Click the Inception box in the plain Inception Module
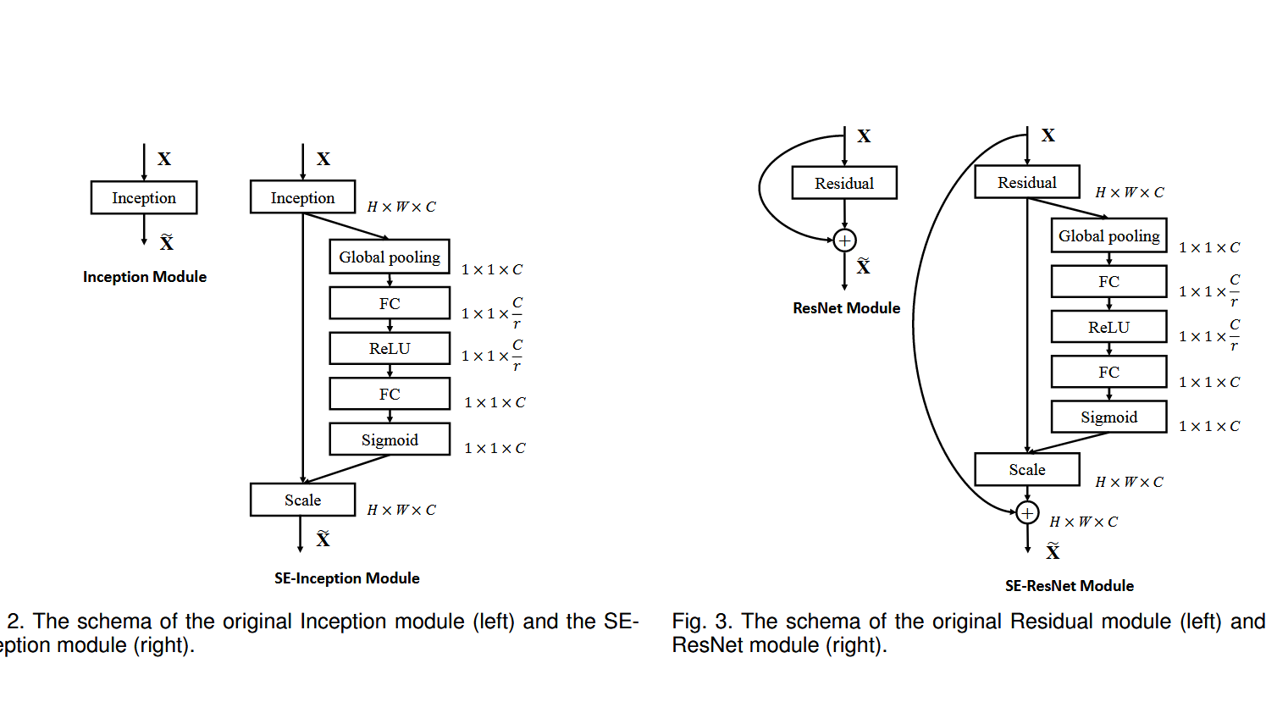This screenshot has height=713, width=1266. click(x=144, y=198)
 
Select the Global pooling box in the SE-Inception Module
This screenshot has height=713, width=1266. click(x=390, y=257)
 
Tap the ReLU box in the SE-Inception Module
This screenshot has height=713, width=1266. click(x=390, y=349)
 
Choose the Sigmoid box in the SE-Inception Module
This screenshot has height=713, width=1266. click(x=390, y=439)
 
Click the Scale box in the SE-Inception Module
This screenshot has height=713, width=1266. click(x=303, y=500)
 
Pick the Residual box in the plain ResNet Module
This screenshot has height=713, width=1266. click(x=844, y=183)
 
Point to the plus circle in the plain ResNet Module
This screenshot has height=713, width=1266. click(x=844, y=240)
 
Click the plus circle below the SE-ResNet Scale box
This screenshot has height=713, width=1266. click(x=1027, y=513)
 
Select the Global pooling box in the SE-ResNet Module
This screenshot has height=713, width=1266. click(x=1108, y=235)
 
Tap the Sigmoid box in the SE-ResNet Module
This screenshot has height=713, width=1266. click(x=1108, y=417)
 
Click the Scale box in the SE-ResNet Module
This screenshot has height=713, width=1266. click(x=1027, y=469)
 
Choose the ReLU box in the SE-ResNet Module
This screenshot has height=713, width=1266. click(x=1108, y=327)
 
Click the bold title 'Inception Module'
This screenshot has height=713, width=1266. click(x=145, y=277)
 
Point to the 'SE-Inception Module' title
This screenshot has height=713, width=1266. click(x=347, y=578)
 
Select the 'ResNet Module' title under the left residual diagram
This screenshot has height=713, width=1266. click(x=847, y=308)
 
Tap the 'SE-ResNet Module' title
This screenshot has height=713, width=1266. click(x=1070, y=586)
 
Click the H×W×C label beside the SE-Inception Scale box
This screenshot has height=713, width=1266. click(x=401, y=510)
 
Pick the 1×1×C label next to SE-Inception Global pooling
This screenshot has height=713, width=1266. click(x=492, y=269)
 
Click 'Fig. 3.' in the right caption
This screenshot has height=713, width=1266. click(x=702, y=622)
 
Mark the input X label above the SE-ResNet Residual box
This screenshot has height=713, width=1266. click(x=1048, y=135)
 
